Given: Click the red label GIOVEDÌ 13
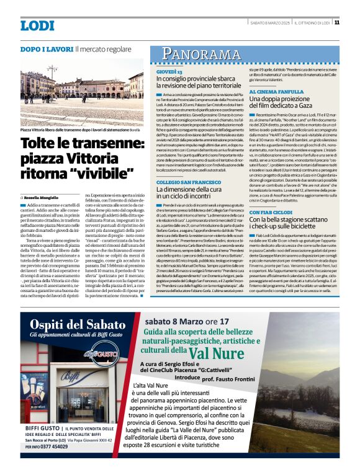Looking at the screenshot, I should pyautogui.click(x=169, y=73).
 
